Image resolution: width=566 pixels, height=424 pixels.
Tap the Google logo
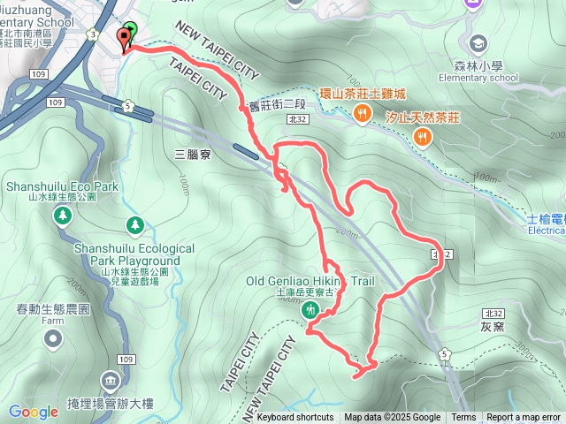click(x=33, y=412)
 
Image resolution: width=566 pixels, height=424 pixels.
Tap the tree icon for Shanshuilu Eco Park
click(x=62, y=215)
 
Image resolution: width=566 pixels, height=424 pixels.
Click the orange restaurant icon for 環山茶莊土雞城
click(x=362, y=113)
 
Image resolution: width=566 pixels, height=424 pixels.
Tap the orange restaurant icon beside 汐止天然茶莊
click(x=423, y=137)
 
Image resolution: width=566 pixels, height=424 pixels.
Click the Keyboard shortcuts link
click(x=295, y=418)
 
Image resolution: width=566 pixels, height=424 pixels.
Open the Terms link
click(x=463, y=418)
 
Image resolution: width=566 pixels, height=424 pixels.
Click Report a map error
click(x=524, y=418)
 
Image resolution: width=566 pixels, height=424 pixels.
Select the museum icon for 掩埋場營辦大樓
click(x=111, y=382)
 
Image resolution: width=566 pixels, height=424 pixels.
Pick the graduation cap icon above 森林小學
click(x=478, y=42)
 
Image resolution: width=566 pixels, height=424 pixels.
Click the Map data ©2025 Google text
click(x=392, y=418)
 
